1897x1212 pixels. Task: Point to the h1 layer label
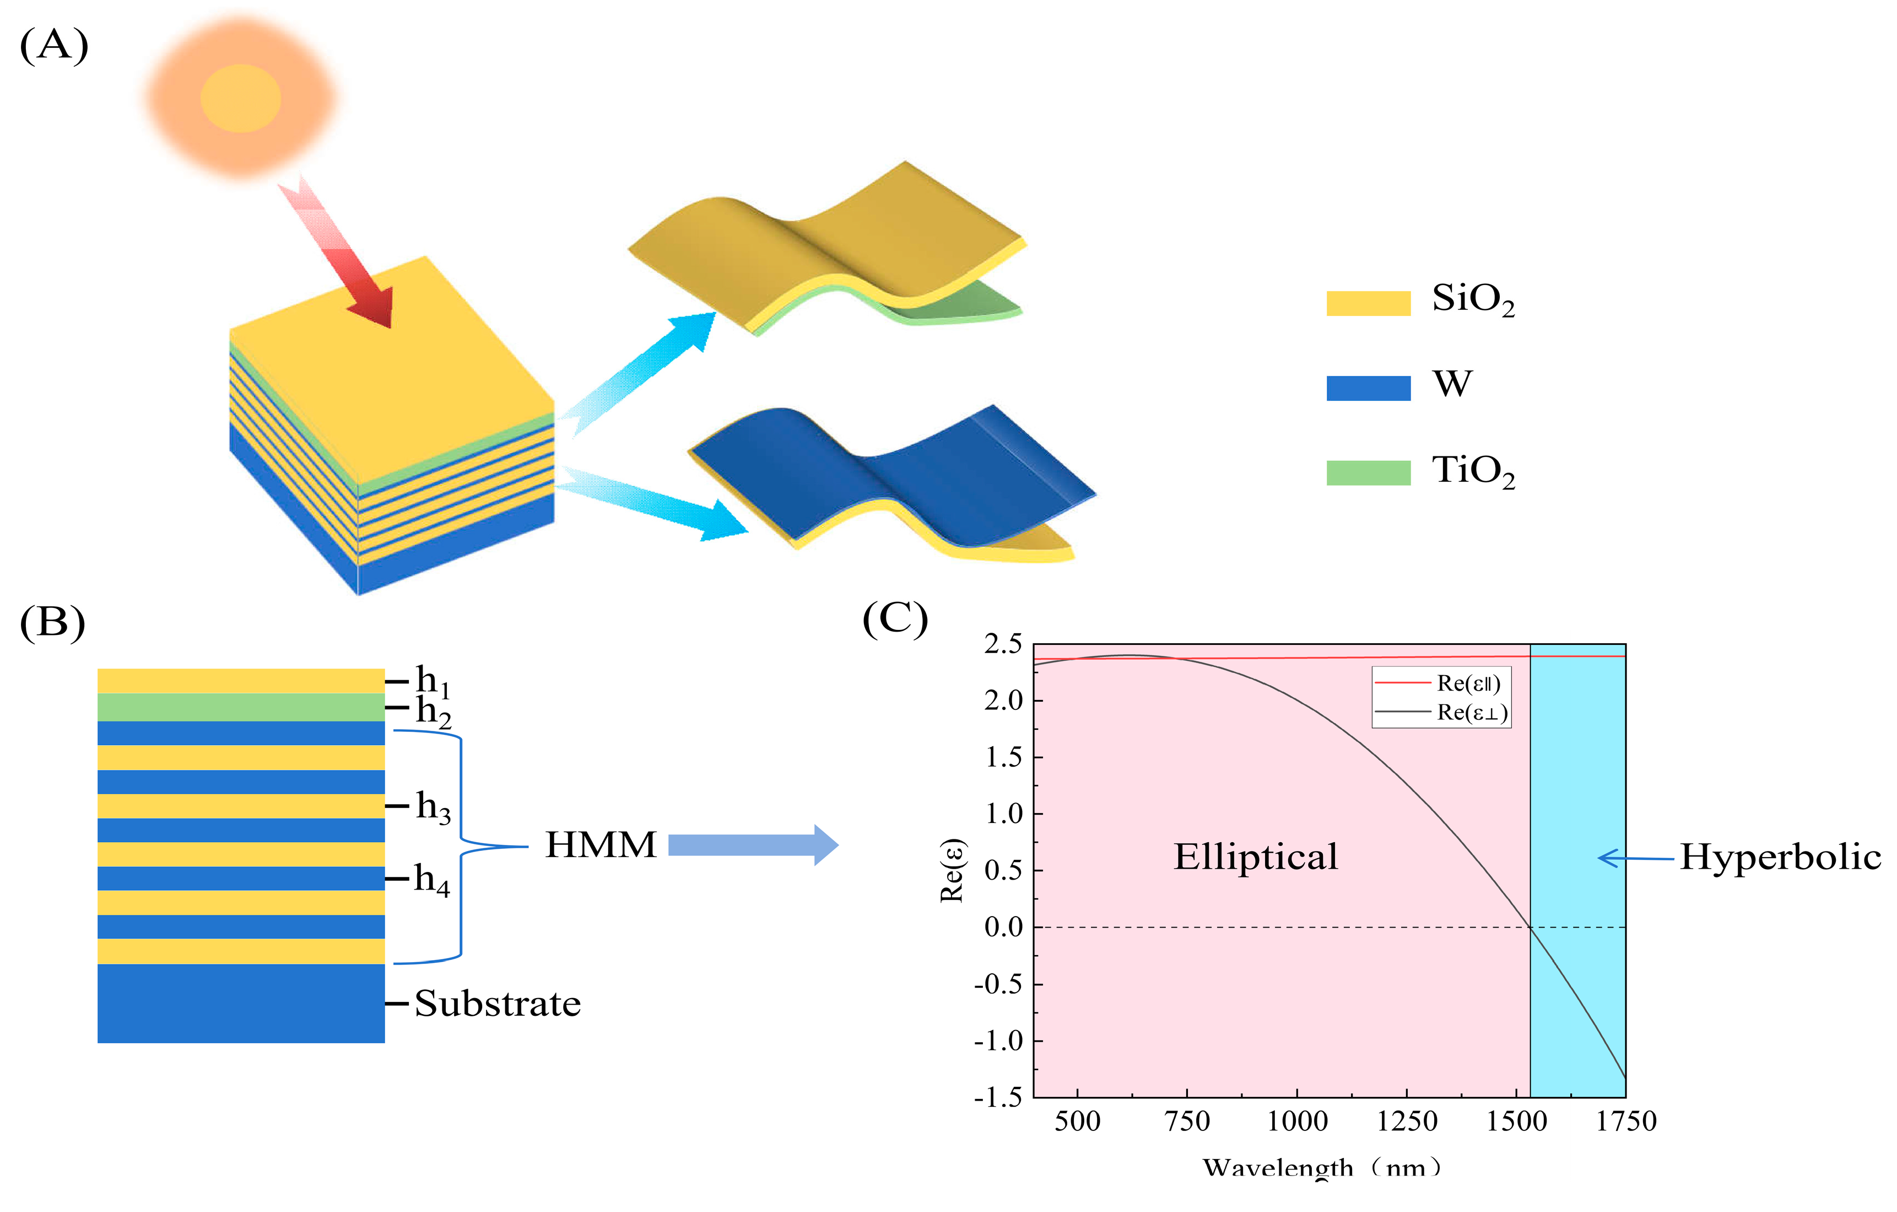pyautogui.click(x=433, y=681)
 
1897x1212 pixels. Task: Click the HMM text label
pyautogui.click(x=601, y=845)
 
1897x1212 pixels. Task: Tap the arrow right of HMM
pyautogui.click(x=752, y=845)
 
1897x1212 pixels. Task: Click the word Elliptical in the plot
pyautogui.click(x=1255, y=857)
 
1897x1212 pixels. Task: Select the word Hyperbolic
pyautogui.click(x=1780, y=857)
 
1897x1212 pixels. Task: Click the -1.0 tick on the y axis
pyautogui.click(x=997, y=1041)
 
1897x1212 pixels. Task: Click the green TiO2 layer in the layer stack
pyautogui.click(x=240, y=707)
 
